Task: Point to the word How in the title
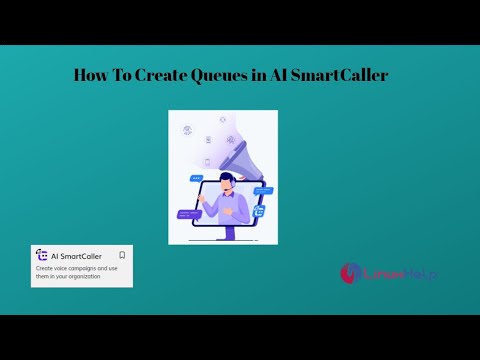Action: tap(91, 75)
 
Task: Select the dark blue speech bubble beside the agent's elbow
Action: tap(188, 213)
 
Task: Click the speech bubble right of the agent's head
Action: tap(262, 189)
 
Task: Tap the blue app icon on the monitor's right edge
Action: tap(260, 211)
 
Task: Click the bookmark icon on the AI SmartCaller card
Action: tap(122, 255)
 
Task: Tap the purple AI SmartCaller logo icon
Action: tap(41, 255)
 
